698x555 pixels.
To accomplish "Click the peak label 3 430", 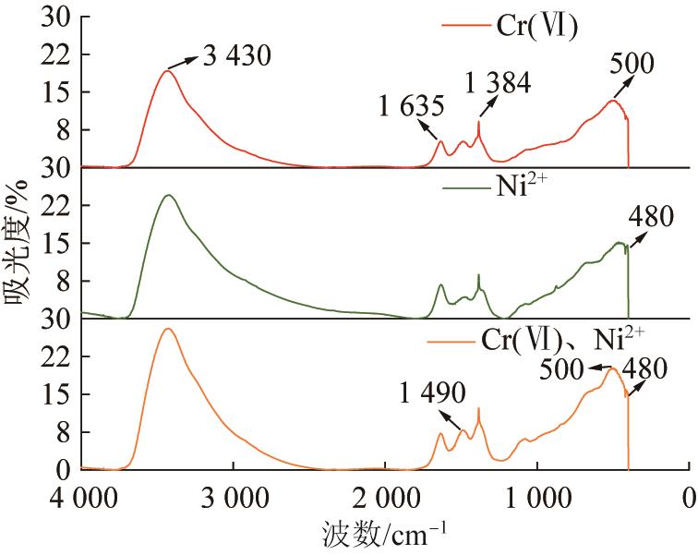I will tap(235, 57).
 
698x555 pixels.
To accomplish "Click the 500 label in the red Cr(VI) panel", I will tap(632, 63).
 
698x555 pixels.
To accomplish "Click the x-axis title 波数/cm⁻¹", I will tap(389, 533).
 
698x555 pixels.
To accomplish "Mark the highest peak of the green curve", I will tap(168, 195).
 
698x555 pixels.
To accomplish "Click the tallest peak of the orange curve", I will tap(168, 329).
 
